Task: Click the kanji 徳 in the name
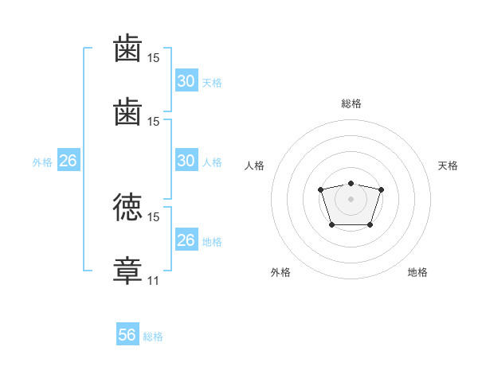point(127,207)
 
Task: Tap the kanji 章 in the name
point(127,271)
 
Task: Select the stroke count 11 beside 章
point(153,280)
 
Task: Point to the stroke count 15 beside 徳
point(153,217)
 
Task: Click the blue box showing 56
point(127,333)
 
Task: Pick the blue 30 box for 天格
point(186,80)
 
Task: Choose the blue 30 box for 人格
point(186,160)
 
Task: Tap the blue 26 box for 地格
point(186,239)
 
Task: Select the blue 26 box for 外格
point(69,160)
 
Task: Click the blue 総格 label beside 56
point(153,337)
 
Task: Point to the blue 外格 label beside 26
point(42,162)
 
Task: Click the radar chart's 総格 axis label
point(351,103)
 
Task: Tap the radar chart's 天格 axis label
point(448,166)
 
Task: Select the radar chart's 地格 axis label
point(417,272)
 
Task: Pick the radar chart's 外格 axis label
point(280,272)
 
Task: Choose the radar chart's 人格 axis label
point(254,166)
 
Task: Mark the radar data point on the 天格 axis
point(381,189)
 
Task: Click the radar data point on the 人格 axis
point(321,189)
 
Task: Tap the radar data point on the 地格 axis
point(370,225)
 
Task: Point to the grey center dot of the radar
point(351,199)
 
